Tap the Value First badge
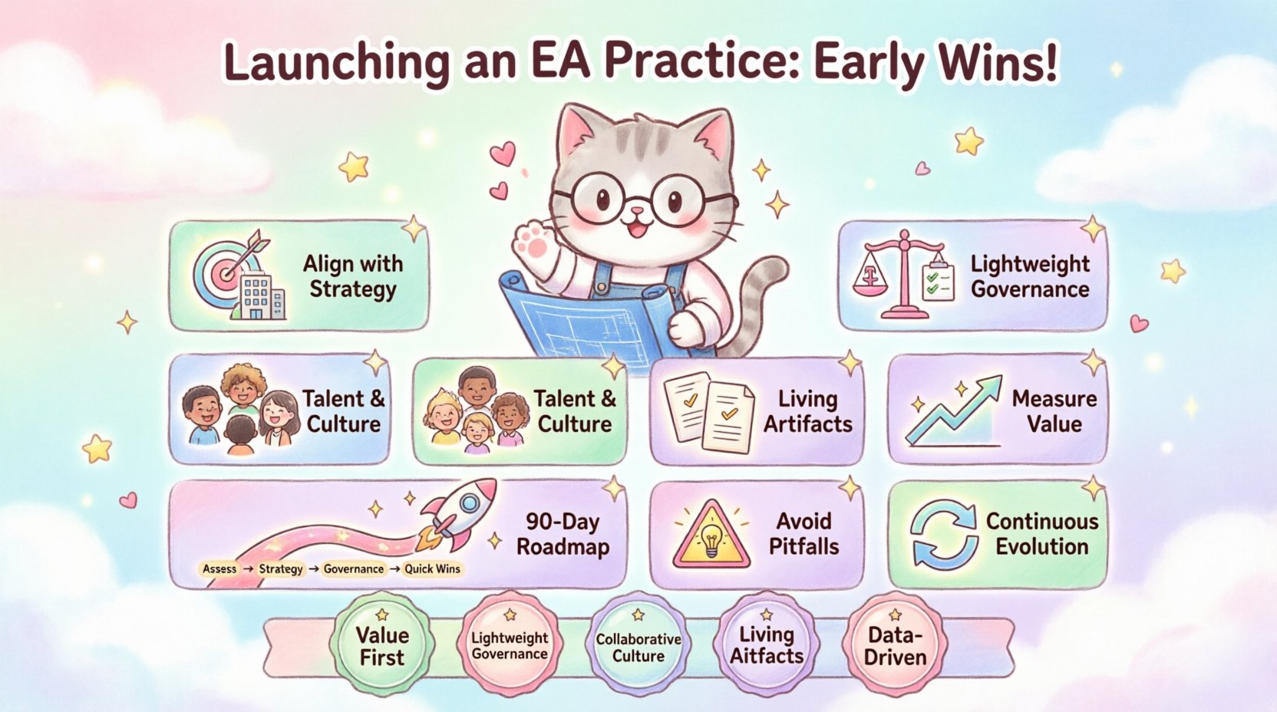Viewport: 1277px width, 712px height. point(381,644)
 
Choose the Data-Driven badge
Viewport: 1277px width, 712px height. point(895,644)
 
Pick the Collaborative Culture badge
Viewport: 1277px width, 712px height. point(638,646)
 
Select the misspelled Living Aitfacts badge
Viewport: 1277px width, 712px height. point(766,644)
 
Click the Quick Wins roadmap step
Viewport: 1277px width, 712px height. point(432,569)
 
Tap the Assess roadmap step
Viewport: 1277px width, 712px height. point(219,569)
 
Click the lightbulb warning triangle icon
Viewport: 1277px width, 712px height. point(711,535)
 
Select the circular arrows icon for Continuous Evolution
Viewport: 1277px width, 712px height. point(943,534)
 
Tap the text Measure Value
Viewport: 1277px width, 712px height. point(1054,411)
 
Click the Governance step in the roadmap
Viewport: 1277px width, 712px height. point(353,569)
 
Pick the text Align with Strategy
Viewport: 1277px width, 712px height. point(352,276)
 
